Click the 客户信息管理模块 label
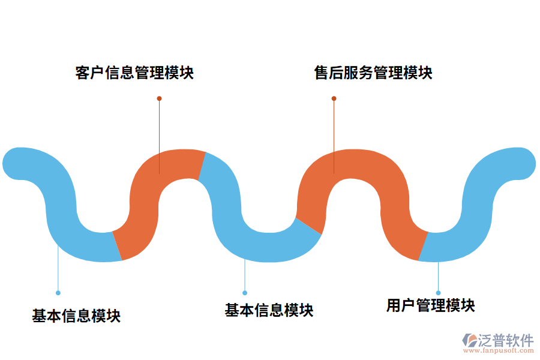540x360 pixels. tap(134, 73)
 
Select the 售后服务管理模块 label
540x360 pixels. tap(373, 73)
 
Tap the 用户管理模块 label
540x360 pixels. tap(430, 305)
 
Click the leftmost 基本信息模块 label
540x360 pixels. tap(76, 316)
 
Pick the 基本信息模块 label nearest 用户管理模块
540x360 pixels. tap(269, 310)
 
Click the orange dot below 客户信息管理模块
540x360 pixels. tap(159, 98)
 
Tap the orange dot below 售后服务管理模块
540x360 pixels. tap(334, 98)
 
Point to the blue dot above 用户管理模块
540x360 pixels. tap(439, 293)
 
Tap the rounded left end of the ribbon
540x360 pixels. tap(18, 163)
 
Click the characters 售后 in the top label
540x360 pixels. tap(329, 73)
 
